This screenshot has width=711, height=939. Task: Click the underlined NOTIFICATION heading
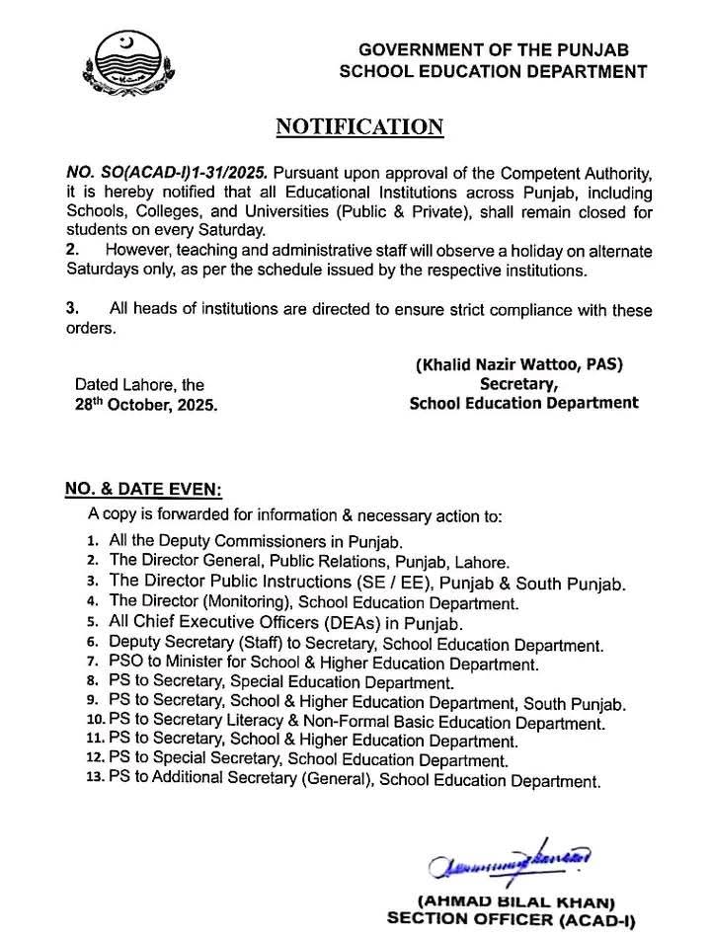coord(358,126)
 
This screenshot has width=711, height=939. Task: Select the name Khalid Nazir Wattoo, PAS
coord(518,364)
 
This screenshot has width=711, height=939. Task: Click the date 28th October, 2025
coord(147,405)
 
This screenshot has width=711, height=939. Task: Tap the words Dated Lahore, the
coord(139,385)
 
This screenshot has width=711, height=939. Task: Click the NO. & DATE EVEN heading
coord(143,490)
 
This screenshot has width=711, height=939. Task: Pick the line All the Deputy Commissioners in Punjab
coord(257,542)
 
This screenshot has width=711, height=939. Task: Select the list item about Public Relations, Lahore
coord(309,560)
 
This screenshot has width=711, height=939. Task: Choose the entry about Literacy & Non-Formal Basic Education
coord(355,723)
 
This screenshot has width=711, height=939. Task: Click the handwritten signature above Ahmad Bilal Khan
coord(509,863)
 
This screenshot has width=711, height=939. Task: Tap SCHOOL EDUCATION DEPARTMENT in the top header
coord(493,71)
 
